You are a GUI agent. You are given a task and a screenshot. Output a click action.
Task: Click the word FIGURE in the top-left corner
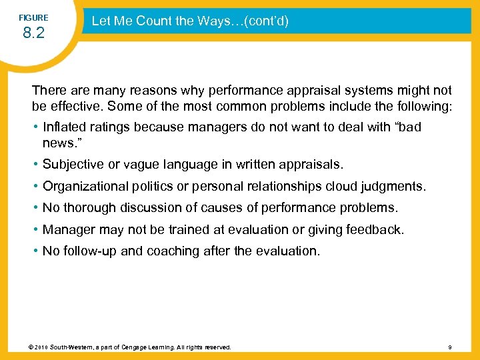tap(33, 18)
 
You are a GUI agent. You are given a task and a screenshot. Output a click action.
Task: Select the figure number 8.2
tap(33, 33)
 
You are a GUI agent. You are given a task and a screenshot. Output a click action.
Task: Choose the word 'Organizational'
tap(83, 185)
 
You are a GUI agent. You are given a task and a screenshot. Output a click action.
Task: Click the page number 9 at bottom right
tap(450, 347)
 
